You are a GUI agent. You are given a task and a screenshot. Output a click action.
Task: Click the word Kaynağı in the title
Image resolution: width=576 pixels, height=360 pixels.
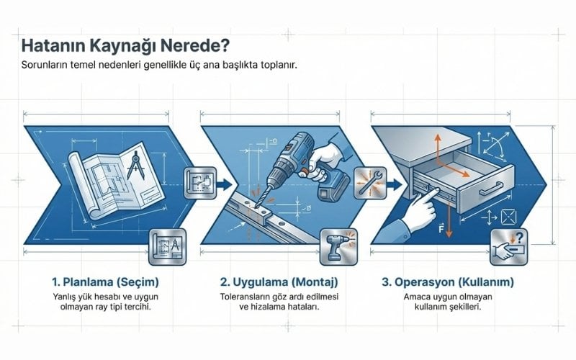point(122,46)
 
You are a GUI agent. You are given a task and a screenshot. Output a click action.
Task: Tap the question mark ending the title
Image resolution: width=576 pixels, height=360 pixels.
point(225,45)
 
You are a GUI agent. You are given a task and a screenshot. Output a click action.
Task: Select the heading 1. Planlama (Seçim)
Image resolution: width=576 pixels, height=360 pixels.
point(105,282)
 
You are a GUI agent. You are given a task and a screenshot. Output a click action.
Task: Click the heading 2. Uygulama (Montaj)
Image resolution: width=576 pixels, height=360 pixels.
point(279,282)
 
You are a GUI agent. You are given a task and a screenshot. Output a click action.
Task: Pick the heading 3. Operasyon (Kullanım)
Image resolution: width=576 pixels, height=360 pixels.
point(448,282)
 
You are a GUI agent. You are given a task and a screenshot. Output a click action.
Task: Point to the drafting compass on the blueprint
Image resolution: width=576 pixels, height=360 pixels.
point(135,166)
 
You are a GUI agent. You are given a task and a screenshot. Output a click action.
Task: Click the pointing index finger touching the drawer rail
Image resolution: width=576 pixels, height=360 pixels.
point(434,192)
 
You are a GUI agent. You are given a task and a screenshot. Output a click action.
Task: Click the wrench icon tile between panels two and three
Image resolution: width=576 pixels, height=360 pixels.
point(370,183)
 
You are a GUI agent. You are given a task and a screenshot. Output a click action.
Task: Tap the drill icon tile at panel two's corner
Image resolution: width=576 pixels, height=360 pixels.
point(338,247)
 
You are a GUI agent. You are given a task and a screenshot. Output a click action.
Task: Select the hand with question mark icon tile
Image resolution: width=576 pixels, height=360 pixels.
point(509,247)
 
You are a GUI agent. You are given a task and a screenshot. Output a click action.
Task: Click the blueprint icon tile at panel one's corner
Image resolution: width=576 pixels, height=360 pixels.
point(168,247)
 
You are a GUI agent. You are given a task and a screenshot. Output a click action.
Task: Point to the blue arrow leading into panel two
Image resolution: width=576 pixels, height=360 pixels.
point(225,184)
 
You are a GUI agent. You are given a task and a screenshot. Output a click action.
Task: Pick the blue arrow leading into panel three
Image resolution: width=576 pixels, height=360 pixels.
point(394,184)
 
